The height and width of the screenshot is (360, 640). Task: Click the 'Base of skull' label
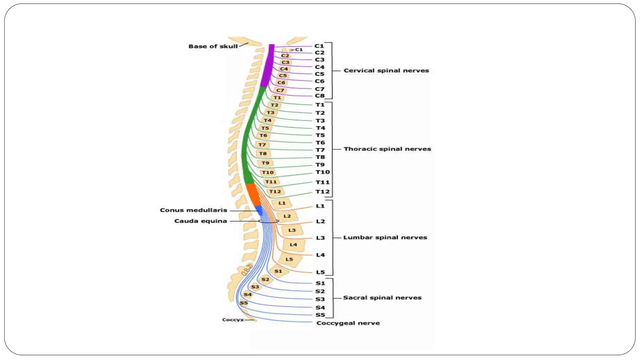[213, 46]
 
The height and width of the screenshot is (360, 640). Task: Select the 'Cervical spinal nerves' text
[386, 71]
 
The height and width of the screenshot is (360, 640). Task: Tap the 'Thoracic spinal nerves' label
[387, 149]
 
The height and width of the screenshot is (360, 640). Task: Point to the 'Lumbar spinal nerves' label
[385, 237]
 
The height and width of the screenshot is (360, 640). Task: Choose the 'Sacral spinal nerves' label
[382, 298]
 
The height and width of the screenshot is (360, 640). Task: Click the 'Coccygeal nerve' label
[348, 323]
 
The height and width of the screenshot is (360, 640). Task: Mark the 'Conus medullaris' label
[193, 210]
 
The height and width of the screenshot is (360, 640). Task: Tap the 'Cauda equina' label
[201, 221]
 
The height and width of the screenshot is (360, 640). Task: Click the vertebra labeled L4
[293, 245]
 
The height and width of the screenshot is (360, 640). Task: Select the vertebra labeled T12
[275, 192]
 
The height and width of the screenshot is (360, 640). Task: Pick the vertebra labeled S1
[278, 271]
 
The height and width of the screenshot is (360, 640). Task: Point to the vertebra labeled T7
[262, 145]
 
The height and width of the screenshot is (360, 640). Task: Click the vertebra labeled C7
[280, 90]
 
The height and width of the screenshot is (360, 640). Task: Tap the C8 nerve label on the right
[320, 96]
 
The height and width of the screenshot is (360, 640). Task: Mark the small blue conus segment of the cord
[259, 210]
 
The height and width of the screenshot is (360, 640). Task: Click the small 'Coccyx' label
[233, 320]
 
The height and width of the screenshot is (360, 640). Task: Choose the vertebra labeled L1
[282, 203]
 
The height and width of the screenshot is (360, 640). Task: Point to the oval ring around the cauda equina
[268, 221]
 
